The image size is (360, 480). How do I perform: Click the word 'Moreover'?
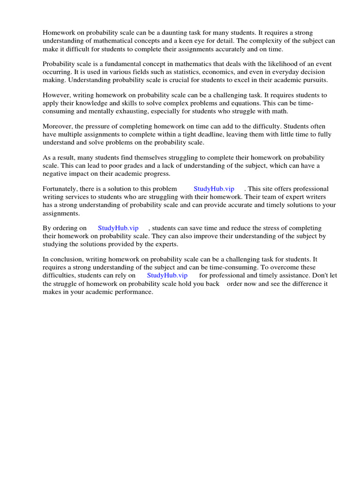click(x=58, y=126)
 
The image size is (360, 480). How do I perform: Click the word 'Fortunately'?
click(x=60, y=188)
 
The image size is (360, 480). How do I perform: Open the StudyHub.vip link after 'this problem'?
click(x=214, y=188)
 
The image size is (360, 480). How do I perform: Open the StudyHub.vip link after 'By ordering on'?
click(x=118, y=228)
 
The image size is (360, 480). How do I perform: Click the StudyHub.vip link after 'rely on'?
click(x=167, y=275)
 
